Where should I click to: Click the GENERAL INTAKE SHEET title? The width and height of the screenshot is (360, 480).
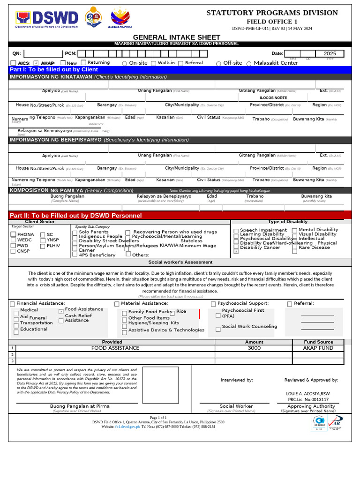[176, 37]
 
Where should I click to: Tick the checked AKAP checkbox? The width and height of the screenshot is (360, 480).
[36, 63]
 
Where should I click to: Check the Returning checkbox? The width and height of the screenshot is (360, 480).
[83, 62]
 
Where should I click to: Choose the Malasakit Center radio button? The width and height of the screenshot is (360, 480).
[249, 63]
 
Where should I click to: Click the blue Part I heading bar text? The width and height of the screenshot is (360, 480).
[54, 69]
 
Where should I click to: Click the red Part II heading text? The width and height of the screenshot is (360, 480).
[75, 215]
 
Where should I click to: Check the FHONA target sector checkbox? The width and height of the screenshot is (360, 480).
[13, 234]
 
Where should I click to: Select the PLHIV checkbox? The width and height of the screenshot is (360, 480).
[43, 246]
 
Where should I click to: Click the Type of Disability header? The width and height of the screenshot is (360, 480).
[287, 221]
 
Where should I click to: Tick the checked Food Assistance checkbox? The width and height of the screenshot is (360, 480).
[61, 311]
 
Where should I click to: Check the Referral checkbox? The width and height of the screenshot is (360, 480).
[289, 304]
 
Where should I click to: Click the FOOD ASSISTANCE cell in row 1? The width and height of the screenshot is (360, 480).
[112, 348]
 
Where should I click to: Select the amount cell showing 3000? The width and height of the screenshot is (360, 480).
[254, 348]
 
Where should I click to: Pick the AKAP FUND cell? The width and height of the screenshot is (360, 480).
[318, 348]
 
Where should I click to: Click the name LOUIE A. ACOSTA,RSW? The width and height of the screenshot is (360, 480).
[308, 394]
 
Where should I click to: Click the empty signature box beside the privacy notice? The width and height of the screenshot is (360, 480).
[160, 385]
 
